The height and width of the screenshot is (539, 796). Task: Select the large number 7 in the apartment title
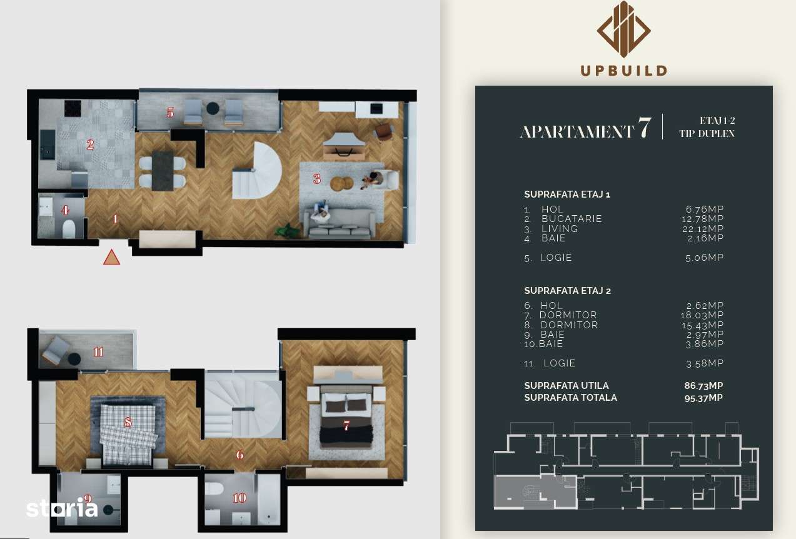click(645, 128)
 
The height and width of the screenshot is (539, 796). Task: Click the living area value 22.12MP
click(704, 228)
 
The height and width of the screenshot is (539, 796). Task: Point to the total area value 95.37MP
click(703, 398)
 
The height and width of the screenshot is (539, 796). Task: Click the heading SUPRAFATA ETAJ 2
click(567, 291)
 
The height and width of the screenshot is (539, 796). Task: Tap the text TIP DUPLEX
click(707, 134)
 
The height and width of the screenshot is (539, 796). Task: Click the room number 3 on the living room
click(317, 179)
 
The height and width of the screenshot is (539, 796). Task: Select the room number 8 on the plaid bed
click(128, 423)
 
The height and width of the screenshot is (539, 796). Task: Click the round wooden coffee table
click(341, 183)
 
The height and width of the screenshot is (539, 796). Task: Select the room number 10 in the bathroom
click(239, 498)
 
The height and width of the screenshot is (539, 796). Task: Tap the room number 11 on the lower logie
click(98, 351)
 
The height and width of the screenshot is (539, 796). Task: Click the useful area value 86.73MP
click(703, 386)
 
